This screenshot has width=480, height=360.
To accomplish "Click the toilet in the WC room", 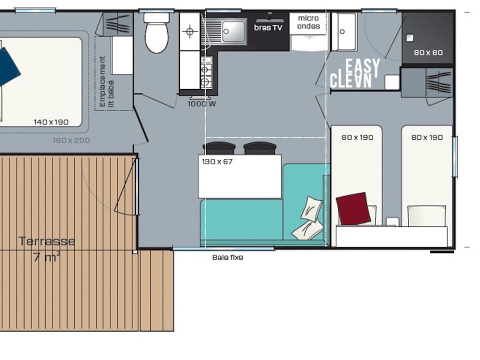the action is click(156, 33).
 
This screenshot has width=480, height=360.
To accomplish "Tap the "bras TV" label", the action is click(268, 27).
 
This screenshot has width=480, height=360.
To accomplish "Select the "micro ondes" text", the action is click(308, 22).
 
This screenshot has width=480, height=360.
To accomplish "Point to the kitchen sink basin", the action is click(234, 31).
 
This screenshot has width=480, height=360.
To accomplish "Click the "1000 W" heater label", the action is click(201, 104).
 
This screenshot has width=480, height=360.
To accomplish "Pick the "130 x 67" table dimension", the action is click(217, 161).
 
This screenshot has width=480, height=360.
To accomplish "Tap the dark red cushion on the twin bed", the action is click(353, 208).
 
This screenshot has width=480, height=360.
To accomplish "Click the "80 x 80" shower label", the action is click(428, 52).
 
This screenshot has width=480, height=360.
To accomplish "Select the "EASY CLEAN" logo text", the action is click(355, 73).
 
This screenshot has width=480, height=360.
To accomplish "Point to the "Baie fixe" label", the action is click(228, 257).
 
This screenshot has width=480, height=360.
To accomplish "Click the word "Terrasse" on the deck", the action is click(47, 241).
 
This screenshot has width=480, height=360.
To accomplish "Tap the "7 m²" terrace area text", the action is click(46, 257).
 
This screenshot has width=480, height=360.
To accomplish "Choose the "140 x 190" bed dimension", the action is click(51, 122).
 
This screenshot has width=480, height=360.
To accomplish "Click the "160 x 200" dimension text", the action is click(71, 140).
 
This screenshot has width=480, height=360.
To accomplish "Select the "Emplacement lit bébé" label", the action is click(107, 81).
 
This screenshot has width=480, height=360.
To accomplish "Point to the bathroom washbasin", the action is click(344, 31).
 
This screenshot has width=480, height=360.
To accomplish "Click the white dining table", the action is click(239, 176).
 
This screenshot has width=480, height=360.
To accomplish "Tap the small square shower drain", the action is click(409, 38).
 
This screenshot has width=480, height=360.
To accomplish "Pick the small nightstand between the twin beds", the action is click(392, 221).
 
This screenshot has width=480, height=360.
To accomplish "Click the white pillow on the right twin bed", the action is click(426, 216).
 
